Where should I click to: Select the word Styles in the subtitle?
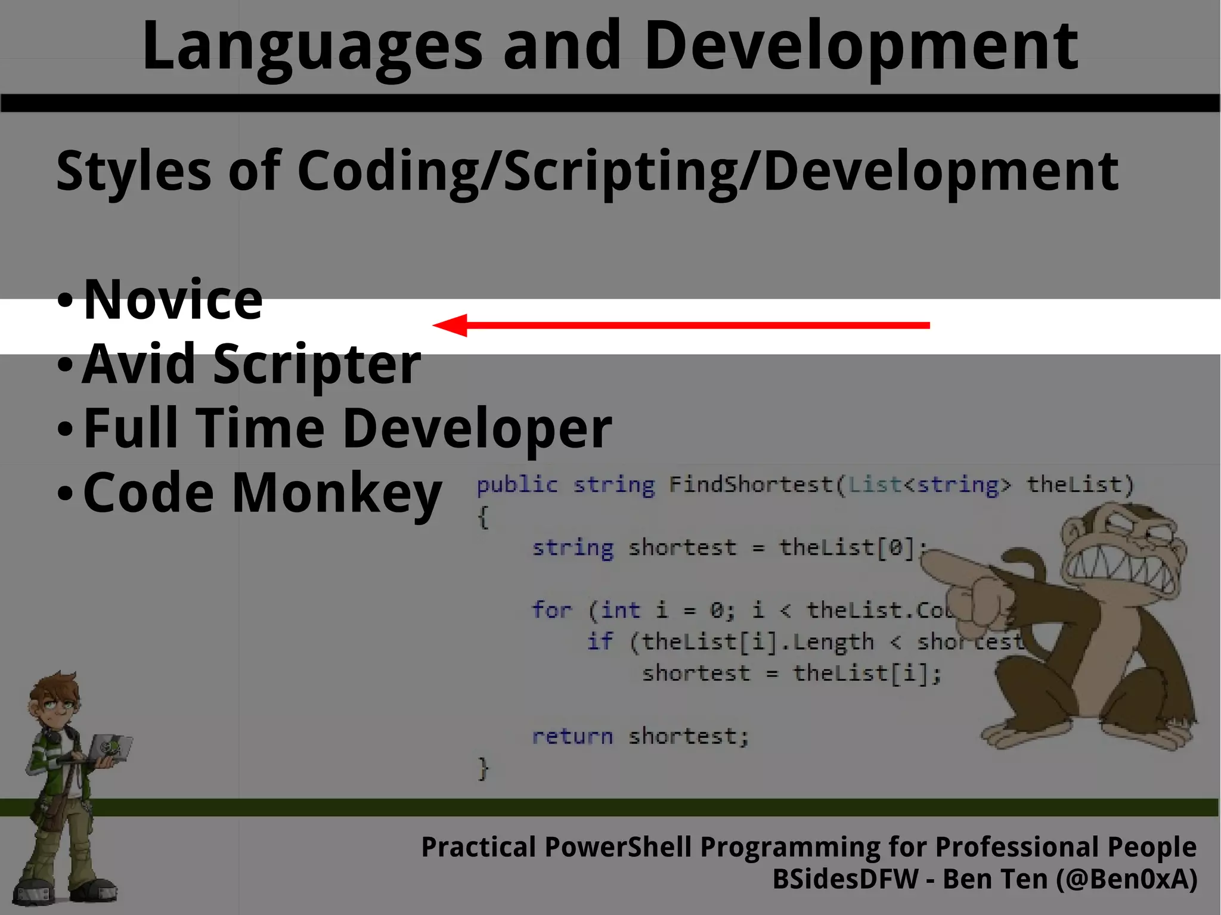pos(133,172)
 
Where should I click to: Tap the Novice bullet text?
pos(173,300)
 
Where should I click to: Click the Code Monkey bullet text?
pos(262,492)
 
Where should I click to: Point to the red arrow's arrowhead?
pos(451,325)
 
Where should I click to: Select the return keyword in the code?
pos(572,737)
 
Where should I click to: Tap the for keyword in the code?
pos(551,610)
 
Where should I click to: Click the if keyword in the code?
pos(600,642)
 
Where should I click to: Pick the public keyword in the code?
pos(517,485)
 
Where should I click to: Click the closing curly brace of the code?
pos(484,769)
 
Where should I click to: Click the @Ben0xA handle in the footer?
pos(1126,880)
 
